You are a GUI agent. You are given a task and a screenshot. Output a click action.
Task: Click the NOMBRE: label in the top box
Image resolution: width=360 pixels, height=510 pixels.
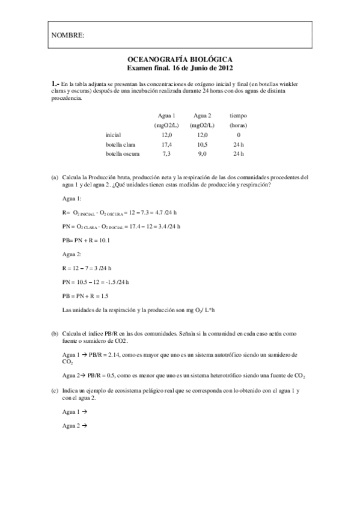67,35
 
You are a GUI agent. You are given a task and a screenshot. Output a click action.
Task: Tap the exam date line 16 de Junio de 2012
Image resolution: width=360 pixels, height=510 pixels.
180,69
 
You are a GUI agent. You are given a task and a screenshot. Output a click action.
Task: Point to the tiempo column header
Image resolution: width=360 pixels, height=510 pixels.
238,115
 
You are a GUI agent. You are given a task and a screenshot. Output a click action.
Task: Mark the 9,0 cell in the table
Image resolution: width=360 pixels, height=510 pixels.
202,155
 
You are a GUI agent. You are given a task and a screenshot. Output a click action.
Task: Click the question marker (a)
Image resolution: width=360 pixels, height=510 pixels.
55,177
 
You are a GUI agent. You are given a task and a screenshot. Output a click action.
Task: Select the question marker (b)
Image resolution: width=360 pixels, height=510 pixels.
55,333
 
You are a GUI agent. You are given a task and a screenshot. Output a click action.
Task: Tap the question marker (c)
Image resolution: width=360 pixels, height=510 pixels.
55,391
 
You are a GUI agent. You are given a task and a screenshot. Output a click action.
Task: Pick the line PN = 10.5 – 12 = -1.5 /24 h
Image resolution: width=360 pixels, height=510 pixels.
96,282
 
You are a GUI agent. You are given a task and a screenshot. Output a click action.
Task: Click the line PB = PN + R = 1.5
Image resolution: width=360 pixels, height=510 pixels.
86,295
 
